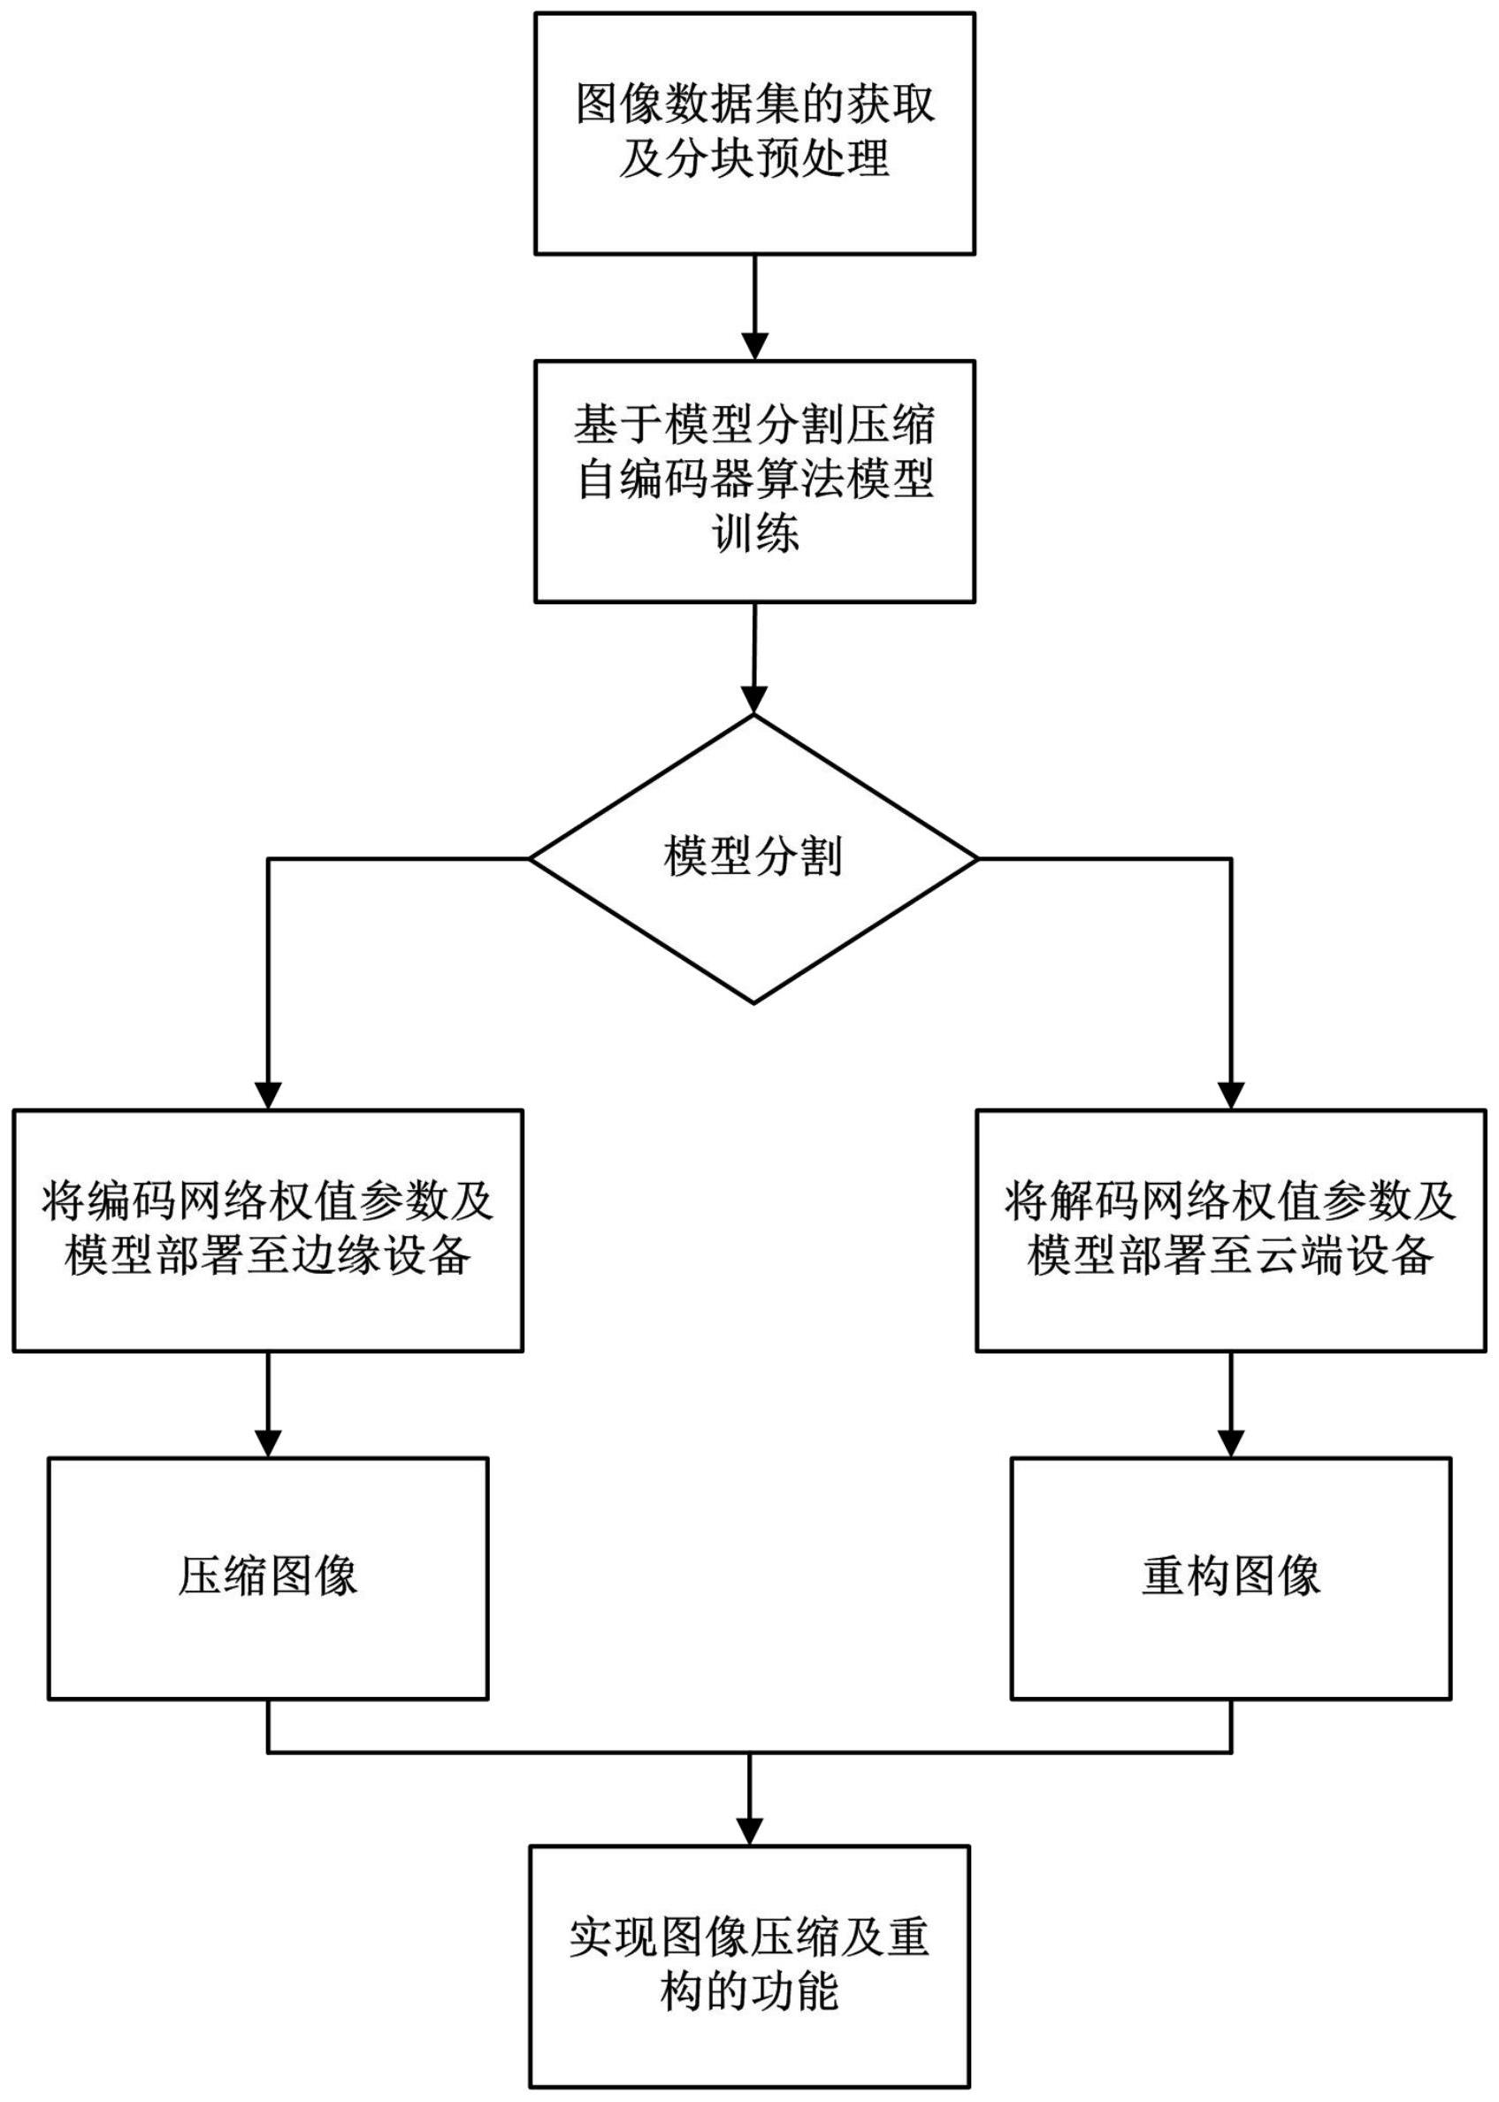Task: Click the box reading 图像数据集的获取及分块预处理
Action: pos(754,133)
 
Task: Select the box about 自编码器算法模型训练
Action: pos(754,481)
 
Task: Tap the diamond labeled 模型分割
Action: pos(754,858)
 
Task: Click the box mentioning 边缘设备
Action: pos(268,1231)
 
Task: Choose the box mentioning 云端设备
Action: pos(1230,1231)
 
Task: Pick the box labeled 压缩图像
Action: pos(268,1577)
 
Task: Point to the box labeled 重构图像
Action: pos(1230,1577)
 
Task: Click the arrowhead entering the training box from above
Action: pos(755,347)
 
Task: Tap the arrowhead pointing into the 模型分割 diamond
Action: pos(754,702)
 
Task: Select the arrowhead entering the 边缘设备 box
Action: pos(268,1096)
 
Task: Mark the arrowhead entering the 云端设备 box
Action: pos(1230,1096)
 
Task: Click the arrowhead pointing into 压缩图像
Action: pos(268,1444)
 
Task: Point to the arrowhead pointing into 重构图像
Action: pos(1230,1444)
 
